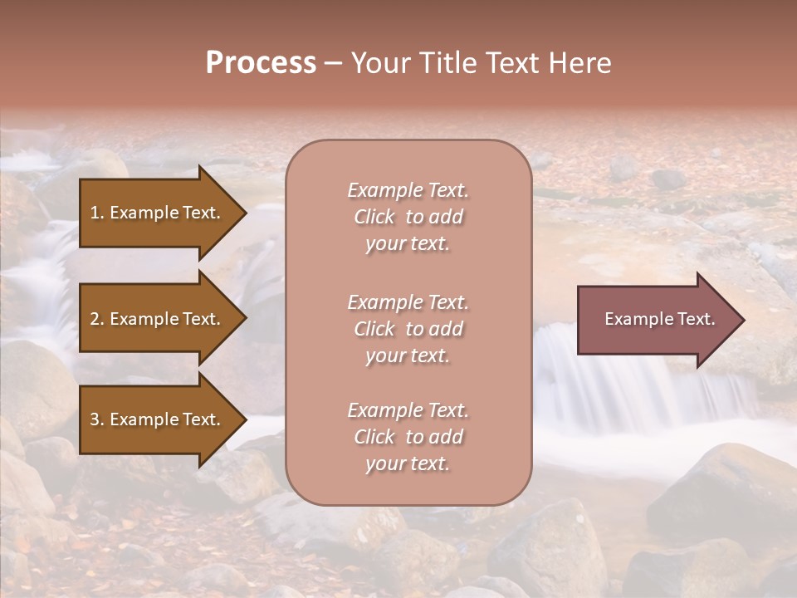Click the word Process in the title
tap(261, 63)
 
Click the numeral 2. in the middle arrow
tap(97, 319)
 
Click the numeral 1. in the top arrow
tap(97, 213)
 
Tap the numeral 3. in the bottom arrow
tap(97, 419)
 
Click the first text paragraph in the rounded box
tap(408, 217)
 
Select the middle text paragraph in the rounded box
tap(408, 329)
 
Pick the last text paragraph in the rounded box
tap(408, 437)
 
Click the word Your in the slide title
tap(379, 63)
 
